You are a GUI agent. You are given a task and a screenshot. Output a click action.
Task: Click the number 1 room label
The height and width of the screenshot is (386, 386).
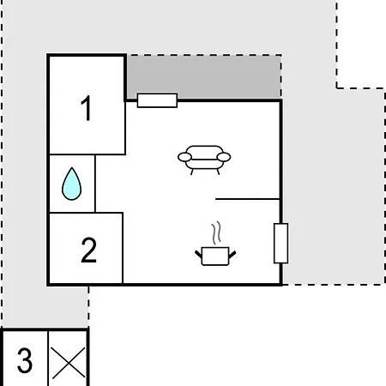click(x=87, y=108)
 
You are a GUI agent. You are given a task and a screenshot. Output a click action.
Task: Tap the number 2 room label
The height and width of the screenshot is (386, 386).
click(x=89, y=250)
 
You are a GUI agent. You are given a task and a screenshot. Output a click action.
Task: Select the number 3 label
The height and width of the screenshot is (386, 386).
click(x=25, y=360)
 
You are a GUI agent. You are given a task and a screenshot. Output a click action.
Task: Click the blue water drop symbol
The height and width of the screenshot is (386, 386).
click(x=71, y=184)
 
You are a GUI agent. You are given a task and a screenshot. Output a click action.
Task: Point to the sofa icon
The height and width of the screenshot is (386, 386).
click(x=204, y=160)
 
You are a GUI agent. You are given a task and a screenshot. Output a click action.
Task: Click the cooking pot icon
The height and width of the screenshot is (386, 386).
click(x=215, y=256)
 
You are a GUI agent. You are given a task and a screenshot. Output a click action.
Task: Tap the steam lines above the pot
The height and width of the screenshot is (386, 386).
click(x=217, y=232)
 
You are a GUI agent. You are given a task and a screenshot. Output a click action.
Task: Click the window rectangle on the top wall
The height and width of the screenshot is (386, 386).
click(x=157, y=100)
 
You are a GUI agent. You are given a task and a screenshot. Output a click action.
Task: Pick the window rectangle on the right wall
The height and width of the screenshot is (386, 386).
click(x=281, y=244)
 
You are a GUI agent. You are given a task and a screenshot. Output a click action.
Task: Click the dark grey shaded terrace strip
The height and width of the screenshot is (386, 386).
click(x=203, y=77)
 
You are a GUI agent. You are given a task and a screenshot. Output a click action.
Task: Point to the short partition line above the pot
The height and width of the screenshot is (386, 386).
click(x=247, y=199)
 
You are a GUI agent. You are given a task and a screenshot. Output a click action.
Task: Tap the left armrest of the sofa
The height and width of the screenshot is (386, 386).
click(x=184, y=157)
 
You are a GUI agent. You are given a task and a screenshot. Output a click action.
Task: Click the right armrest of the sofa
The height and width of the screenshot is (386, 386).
click(x=224, y=157)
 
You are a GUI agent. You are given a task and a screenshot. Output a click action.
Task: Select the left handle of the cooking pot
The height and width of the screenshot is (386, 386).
click(x=199, y=254)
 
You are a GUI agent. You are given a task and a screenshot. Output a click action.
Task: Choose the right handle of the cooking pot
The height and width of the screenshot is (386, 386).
click(x=232, y=254)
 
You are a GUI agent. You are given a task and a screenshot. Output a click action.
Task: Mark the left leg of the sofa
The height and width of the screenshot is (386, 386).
click(x=192, y=172)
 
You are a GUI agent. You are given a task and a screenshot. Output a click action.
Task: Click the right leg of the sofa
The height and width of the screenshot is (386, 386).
click(x=218, y=172)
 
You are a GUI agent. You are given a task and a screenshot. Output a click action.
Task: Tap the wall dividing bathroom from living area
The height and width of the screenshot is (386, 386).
click(x=95, y=184)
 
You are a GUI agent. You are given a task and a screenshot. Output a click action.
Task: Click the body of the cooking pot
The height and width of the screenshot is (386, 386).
click(x=215, y=256)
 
